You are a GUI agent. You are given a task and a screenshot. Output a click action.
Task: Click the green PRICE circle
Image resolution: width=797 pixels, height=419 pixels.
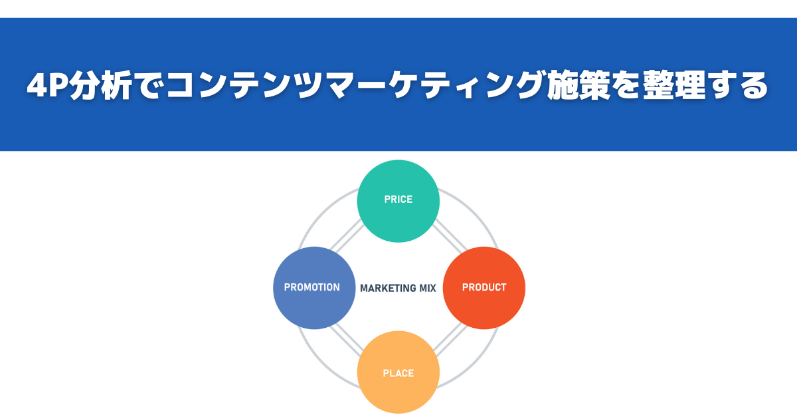pyautogui.click(x=398, y=201)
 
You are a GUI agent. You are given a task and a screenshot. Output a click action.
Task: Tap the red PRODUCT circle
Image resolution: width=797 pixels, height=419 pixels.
pyautogui.click(x=484, y=287)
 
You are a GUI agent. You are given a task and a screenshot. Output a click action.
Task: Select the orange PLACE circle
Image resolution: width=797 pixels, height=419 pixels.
pyautogui.click(x=398, y=372)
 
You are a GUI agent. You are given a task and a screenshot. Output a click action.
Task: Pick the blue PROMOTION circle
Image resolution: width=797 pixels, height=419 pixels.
pyautogui.click(x=314, y=287)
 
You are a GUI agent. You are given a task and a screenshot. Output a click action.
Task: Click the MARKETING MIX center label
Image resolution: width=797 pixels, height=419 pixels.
pyautogui.click(x=398, y=288)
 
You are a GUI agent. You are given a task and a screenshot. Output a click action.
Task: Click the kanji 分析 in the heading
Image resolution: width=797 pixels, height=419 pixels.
pyautogui.click(x=101, y=85)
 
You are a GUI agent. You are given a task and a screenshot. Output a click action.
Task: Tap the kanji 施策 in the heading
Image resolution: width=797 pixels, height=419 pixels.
pyautogui.click(x=578, y=85)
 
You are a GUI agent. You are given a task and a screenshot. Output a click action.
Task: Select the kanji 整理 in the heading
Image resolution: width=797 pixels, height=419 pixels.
pyautogui.click(x=674, y=85)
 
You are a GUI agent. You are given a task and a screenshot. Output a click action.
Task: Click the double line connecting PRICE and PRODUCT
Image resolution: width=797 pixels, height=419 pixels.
pyautogui.click(x=450, y=235)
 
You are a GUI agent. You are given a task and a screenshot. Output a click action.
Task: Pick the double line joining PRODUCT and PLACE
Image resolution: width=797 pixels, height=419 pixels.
pyautogui.click(x=450, y=341)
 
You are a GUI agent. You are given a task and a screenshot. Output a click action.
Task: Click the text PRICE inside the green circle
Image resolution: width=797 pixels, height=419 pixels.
pyautogui.click(x=398, y=199)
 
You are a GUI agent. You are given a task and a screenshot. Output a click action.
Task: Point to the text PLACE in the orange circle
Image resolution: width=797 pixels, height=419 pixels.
pyautogui.click(x=398, y=373)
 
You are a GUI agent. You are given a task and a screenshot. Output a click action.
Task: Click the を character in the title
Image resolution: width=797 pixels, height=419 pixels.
pyautogui.click(x=626, y=85)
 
